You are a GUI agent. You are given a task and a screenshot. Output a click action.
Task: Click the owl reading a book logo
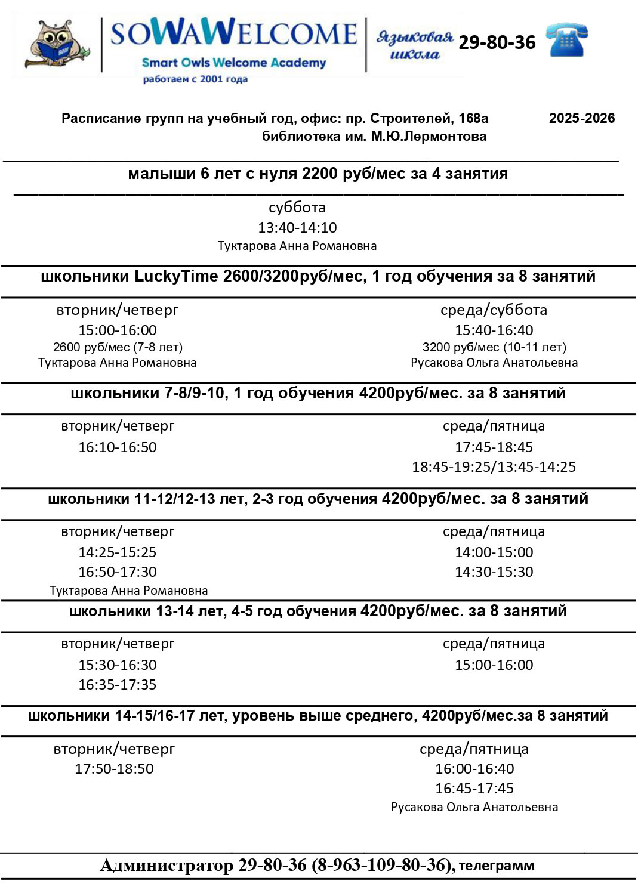pos(57,44)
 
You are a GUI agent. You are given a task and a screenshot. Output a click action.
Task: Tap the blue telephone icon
pos(567,40)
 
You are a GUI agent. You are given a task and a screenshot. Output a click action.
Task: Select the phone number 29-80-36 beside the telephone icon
pos(497,42)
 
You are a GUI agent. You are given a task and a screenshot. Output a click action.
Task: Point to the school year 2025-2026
pos(582,118)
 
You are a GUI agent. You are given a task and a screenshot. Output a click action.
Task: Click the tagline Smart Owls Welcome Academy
pos(234,63)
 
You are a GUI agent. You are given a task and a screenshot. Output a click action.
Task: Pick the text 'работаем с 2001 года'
pos(195,79)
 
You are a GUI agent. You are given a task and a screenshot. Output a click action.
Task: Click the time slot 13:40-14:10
pos(297,227)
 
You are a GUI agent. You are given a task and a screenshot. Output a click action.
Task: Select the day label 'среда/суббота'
pos(494,310)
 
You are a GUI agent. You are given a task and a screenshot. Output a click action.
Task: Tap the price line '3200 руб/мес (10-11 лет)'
pos(494,347)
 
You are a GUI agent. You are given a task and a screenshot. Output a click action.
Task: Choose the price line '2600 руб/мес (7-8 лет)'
pos(118,347)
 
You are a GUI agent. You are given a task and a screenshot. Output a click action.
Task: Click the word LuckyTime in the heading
pos(176,276)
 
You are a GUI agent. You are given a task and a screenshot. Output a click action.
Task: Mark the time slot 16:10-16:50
pos(118,447)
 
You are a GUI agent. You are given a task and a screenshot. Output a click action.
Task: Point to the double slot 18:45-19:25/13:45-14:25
pos(494,466)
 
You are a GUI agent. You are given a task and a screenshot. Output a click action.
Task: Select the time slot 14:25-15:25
pos(118,552)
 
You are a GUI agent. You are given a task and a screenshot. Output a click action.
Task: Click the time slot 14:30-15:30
pos(494,571)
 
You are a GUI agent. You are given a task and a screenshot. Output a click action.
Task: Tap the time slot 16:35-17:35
pos(118,684)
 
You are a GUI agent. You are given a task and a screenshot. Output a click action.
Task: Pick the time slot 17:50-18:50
pos(114,768)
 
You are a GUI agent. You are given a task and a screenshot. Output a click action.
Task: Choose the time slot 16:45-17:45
pos(474,788)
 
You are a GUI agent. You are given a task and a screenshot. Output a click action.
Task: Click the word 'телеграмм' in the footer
pos(497,865)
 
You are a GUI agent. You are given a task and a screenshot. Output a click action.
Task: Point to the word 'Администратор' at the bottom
pos(167,865)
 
